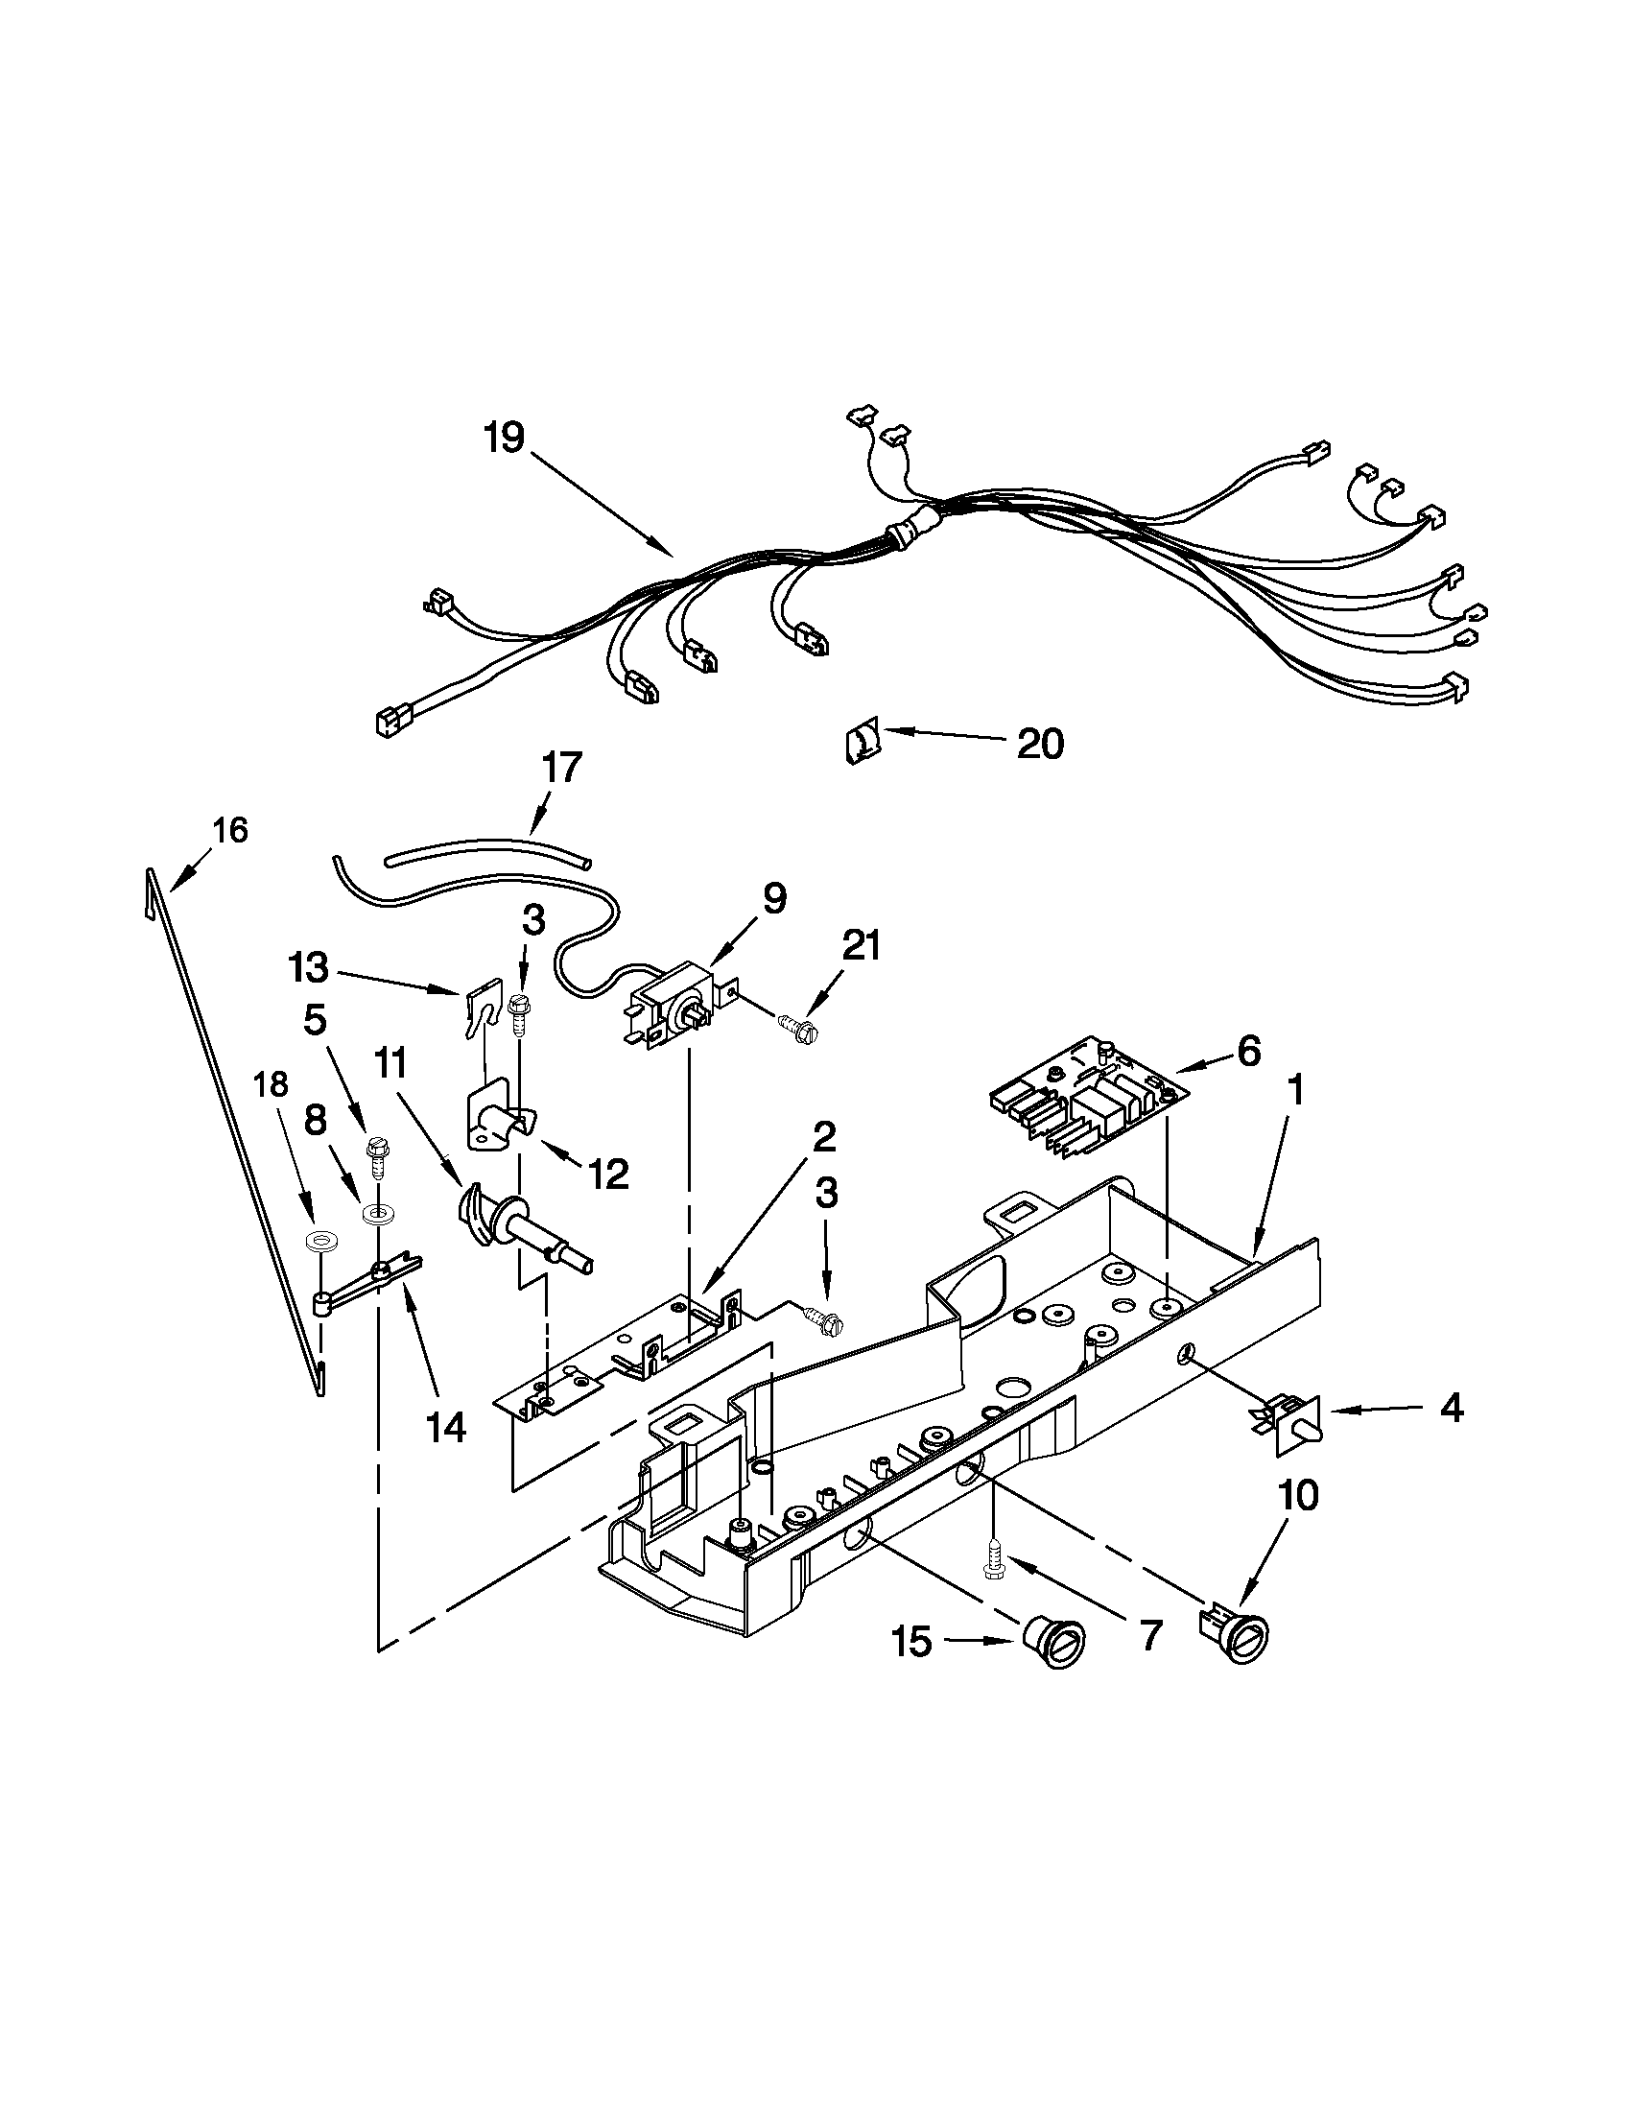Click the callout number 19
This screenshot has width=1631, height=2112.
tap(504, 439)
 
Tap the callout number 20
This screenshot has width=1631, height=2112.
tap(1040, 744)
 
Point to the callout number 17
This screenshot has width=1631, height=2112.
tap(561, 767)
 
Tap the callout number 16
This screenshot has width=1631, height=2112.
tap(230, 830)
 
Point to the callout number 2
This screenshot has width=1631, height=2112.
tap(823, 1137)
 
